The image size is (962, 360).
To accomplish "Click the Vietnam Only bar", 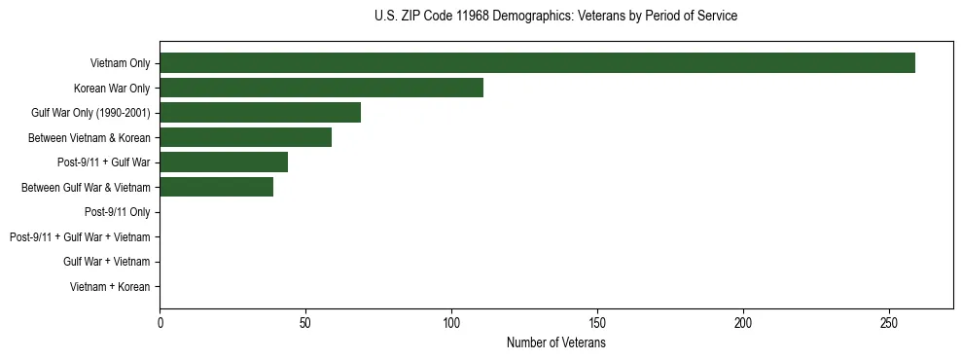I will tap(537, 63).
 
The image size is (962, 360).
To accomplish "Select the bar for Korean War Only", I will tap(321, 89).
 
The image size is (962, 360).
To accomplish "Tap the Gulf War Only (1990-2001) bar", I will tap(260, 113).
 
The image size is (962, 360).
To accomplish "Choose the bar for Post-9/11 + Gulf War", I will tap(224, 162).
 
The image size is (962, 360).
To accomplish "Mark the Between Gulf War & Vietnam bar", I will tap(216, 188).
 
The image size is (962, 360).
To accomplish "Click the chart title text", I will tap(555, 17).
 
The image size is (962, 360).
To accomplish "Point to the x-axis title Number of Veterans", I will tap(555, 343).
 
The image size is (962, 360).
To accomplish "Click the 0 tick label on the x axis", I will tap(160, 322).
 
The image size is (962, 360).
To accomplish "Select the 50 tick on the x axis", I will tap(305, 322).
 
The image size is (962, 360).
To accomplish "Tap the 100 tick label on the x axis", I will tap(451, 322).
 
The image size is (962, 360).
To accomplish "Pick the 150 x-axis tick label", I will tap(597, 322).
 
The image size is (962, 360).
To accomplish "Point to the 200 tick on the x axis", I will tap(743, 322).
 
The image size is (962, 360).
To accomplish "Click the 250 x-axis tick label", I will tap(889, 322).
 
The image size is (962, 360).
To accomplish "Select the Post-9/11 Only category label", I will tap(117, 212).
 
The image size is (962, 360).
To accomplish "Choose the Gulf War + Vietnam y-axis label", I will tap(106, 262).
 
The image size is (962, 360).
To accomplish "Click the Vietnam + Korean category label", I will tap(110, 287).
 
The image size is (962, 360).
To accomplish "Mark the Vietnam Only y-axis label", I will tap(120, 63).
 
